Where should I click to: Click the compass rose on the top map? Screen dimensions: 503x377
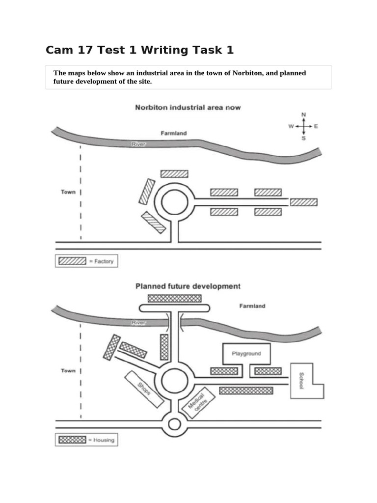tap(303, 126)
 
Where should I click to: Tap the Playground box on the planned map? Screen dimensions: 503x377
tap(246, 353)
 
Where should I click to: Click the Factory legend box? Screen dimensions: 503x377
tap(86, 261)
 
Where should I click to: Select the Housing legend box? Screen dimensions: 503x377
tap(86, 440)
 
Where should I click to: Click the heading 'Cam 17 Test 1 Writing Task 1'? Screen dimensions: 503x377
tap(140, 50)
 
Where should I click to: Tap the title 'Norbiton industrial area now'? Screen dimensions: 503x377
tap(188, 107)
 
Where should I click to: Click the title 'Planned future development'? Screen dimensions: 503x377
tap(188, 286)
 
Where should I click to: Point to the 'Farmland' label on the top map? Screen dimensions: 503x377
tap(174, 133)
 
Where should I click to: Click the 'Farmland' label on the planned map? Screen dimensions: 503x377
tap(252, 306)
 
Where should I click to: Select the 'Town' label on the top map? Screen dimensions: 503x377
tap(68, 192)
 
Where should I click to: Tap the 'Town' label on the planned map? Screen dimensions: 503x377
tap(68, 371)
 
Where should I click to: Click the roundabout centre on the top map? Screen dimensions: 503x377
tap(175, 202)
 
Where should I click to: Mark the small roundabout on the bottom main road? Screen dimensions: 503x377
tap(175, 424)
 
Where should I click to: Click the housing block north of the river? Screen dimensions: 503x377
tap(175, 298)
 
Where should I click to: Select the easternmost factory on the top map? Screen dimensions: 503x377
tap(303, 202)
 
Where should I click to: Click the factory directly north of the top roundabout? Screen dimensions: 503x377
tap(174, 173)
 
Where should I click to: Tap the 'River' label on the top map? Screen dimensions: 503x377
tap(138, 144)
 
